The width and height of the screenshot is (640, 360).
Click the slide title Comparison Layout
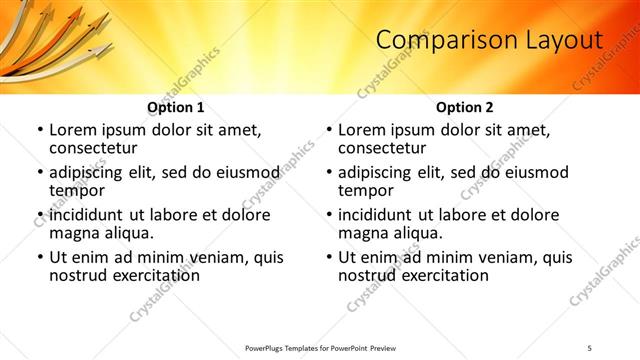coord(489,41)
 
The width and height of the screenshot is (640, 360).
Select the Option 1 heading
coord(175,107)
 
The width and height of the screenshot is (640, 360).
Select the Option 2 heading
coord(464,107)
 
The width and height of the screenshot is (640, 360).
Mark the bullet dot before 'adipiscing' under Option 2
coord(328,173)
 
